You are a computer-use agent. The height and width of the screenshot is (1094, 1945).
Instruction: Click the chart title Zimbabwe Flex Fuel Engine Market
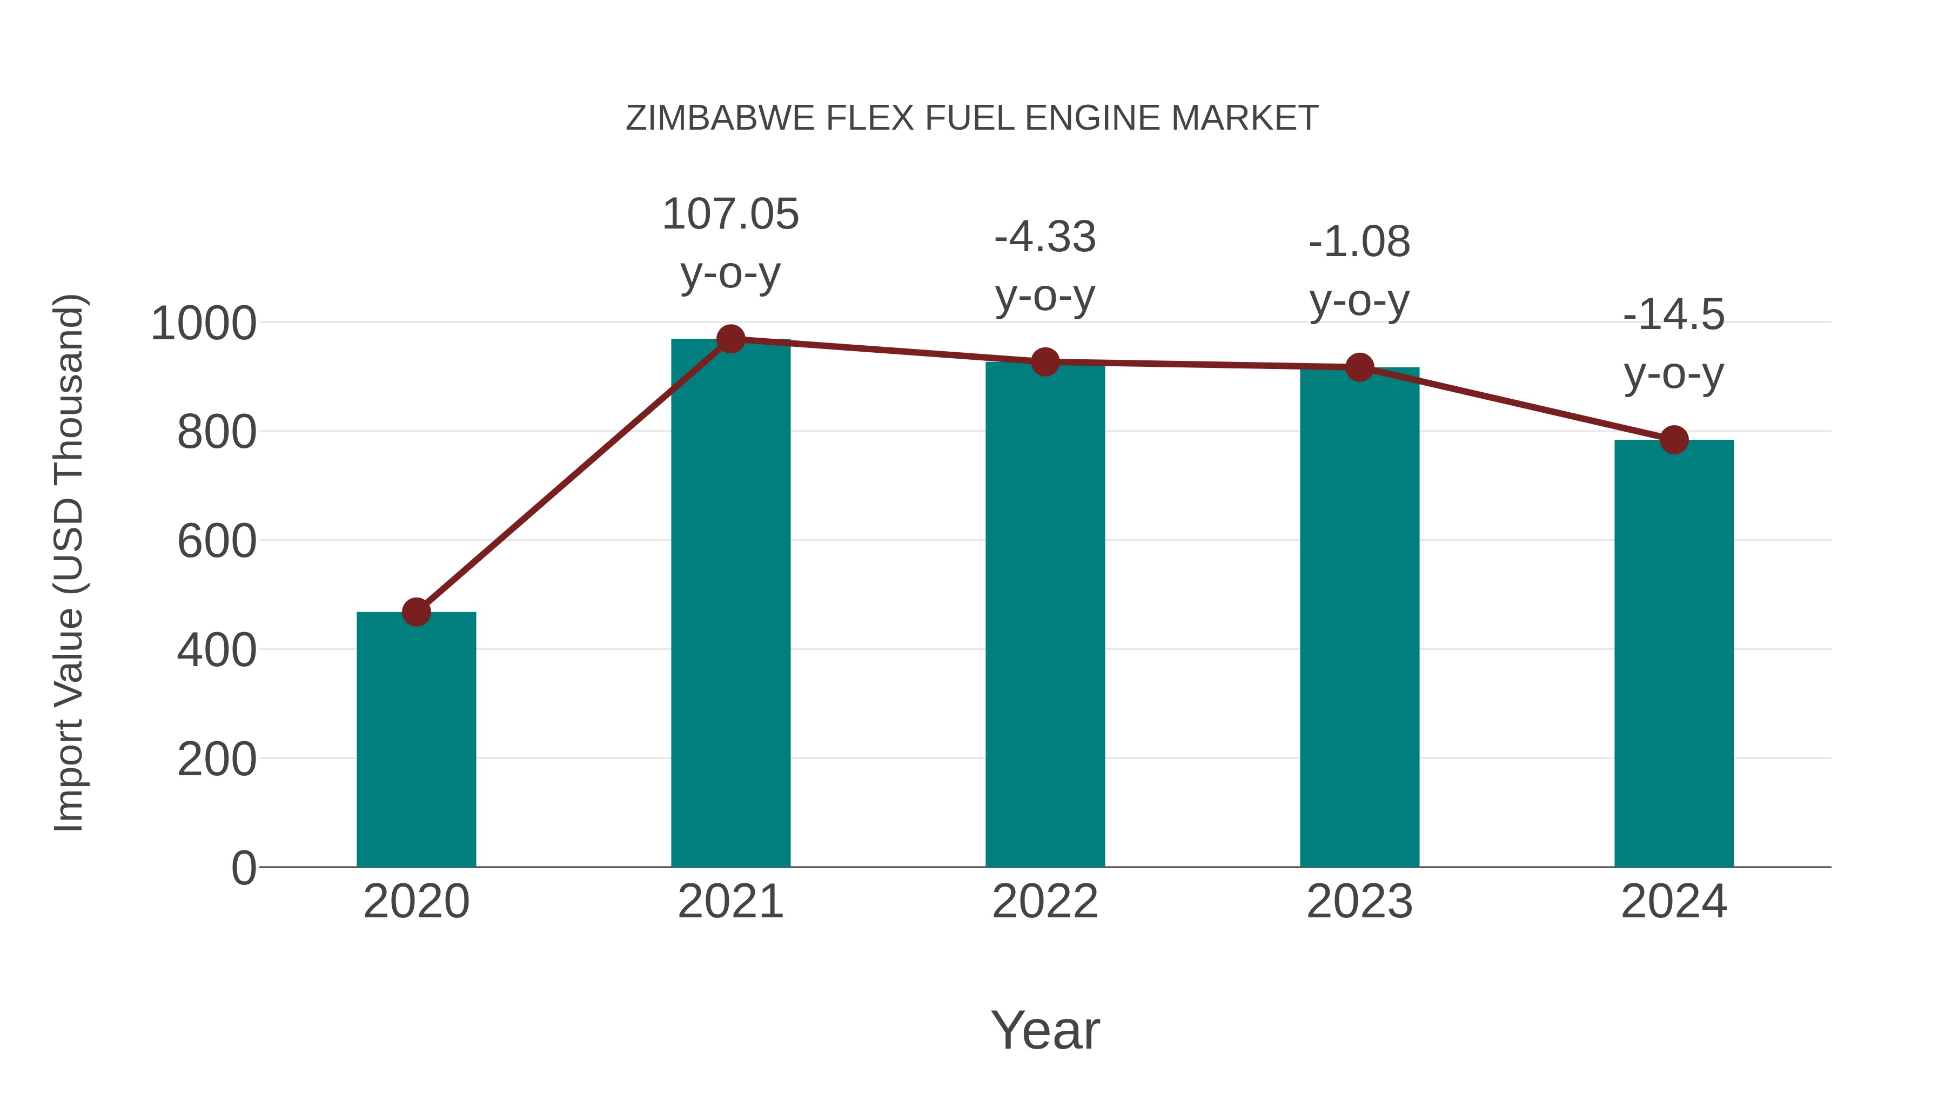click(x=972, y=118)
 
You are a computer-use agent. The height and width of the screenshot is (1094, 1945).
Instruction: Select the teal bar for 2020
click(x=416, y=740)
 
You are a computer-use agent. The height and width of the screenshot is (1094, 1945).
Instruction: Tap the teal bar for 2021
click(x=730, y=604)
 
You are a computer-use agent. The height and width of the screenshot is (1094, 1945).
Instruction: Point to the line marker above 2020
click(x=416, y=612)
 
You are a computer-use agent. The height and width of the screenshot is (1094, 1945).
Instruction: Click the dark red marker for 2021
click(x=730, y=339)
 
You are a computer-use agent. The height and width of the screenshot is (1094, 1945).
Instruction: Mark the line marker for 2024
click(x=1674, y=439)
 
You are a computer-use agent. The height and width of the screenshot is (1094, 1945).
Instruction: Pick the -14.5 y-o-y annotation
click(x=1674, y=344)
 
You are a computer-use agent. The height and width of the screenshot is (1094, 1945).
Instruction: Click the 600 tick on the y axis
click(x=216, y=541)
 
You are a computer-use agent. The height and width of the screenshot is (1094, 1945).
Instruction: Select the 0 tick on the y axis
click(x=243, y=868)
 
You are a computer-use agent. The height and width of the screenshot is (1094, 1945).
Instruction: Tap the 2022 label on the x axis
click(x=1045, y=902)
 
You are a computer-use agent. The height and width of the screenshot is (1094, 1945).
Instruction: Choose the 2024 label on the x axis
click(x=1674, y=902)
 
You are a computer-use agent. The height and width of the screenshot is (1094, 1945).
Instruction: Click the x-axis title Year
click(x=1045, y=1030)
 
